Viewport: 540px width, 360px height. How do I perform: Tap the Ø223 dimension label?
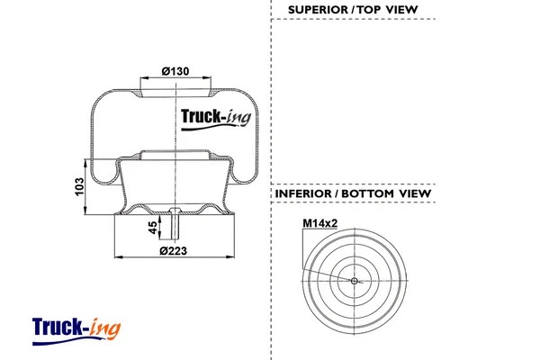(x=173, y=250)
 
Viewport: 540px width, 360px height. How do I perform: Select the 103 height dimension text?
(x=79, y=187)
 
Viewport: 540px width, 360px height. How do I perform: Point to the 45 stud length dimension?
(x=151, y=226)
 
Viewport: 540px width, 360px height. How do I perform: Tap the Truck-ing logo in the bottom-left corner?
(x=76, y=326)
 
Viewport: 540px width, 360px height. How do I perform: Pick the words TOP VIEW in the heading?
(x=392, y=11)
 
